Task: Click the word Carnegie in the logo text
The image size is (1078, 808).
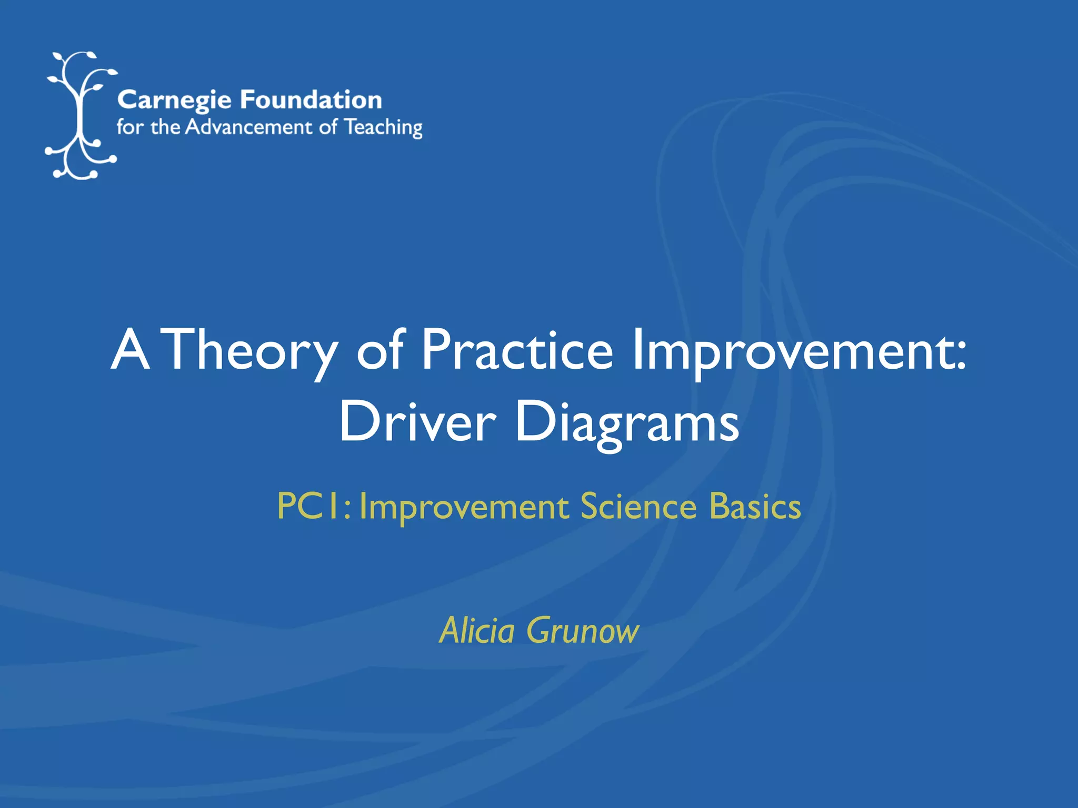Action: [174, 100]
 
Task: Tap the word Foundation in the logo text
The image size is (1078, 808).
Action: [311, 99]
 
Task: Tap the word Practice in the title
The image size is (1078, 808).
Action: [517, 350]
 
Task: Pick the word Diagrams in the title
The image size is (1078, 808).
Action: [626, 424]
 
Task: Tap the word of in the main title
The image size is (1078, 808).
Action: [380, 350]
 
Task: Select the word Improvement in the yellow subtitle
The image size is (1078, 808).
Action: [464, 508]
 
